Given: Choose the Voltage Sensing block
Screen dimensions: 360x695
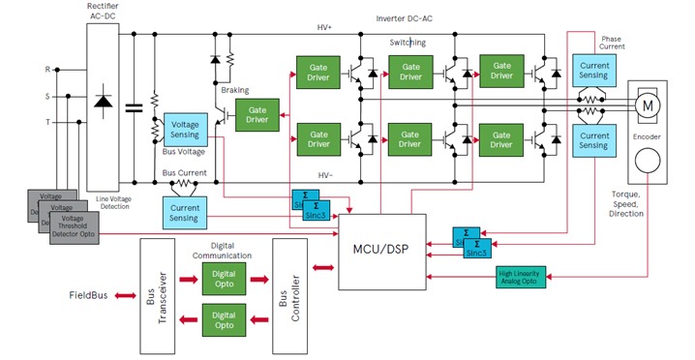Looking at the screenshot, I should [x=184, y=131].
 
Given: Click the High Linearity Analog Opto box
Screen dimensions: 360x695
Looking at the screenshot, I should [x=520, y=277].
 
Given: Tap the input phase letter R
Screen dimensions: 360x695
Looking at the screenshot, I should [x=47, y=70].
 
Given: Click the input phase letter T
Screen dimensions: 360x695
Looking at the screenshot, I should [x=47, y=122].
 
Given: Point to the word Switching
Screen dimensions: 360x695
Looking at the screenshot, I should [x=408, y=43].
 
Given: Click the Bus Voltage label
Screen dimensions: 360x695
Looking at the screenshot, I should [x=183, y=153].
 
